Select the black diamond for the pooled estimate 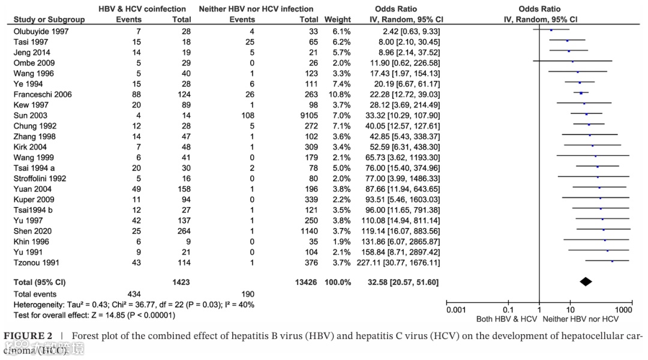pyautogui.click(x=586, y=281)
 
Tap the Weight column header pyautogui.click(x=337, y=19)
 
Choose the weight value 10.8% pyautogui.click(x=340, y=94)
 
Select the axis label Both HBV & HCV pyautogui.click(x=506, y=319)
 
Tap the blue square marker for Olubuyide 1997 pyautogui.click(x=551, y=29)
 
